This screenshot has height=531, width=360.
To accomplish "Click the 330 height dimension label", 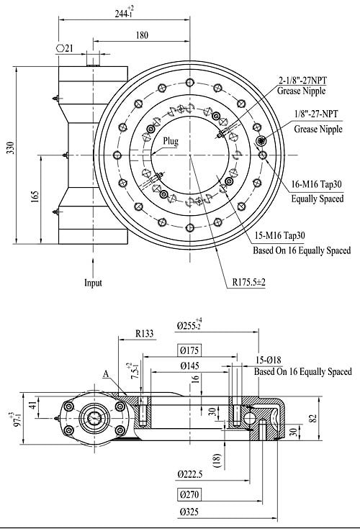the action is (x=11, y=148).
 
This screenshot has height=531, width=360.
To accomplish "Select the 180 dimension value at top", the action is (x=142, y=35).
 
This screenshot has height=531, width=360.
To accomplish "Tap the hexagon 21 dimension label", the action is (x=65, y=48).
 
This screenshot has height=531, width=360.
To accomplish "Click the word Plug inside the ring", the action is (x=171, y=141).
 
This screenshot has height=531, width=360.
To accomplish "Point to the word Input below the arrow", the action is (x=93, y=283).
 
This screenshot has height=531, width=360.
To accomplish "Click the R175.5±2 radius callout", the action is (x=249, y=282).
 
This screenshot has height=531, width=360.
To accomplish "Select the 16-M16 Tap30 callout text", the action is (x=317, y=185).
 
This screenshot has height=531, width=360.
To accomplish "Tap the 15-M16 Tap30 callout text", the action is (x=279, y=235).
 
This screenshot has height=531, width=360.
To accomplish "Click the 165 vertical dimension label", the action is (x=35, y=197).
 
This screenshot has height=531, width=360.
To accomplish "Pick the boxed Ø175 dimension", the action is (x=189, y=350).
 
